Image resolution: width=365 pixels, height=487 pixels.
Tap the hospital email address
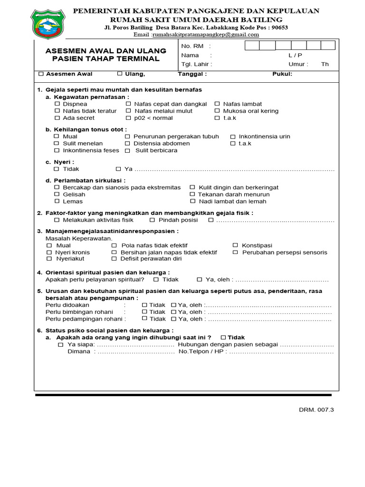(205, 35)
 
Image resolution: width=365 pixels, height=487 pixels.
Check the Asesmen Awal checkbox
(41, 74)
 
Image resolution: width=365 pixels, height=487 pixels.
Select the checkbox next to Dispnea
(57, 104)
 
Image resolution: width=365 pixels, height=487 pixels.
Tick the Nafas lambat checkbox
(217, 104)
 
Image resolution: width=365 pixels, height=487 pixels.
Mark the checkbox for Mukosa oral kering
(217, 111)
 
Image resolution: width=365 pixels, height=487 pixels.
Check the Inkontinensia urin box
(232, 136)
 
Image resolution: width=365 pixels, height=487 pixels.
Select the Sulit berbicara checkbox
(128, 150)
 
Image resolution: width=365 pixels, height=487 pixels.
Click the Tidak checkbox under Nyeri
(57, 169)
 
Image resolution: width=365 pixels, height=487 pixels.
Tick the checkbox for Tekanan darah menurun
(192, 195)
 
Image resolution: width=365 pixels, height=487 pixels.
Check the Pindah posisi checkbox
(152, 220)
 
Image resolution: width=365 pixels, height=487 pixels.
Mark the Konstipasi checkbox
(235, 245)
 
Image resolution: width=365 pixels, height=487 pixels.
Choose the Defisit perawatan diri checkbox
(114, 259)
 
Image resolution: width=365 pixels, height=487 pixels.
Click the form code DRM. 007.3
(317, 410)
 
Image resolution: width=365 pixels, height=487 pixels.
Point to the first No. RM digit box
(252, 46)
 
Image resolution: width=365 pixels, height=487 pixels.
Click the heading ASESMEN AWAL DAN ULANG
(106, 50)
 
